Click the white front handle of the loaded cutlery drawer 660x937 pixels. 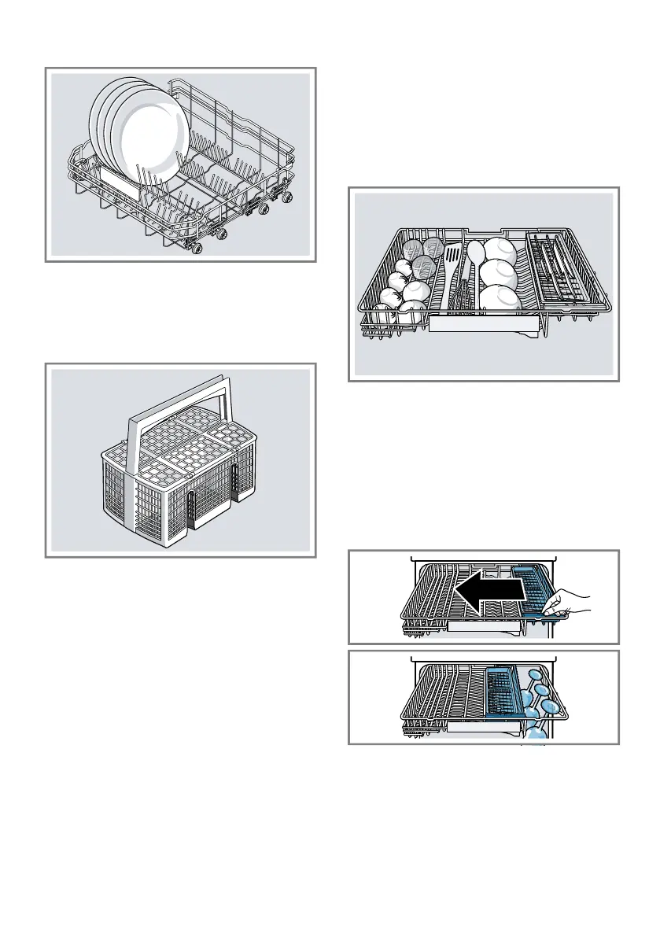[484, 324]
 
